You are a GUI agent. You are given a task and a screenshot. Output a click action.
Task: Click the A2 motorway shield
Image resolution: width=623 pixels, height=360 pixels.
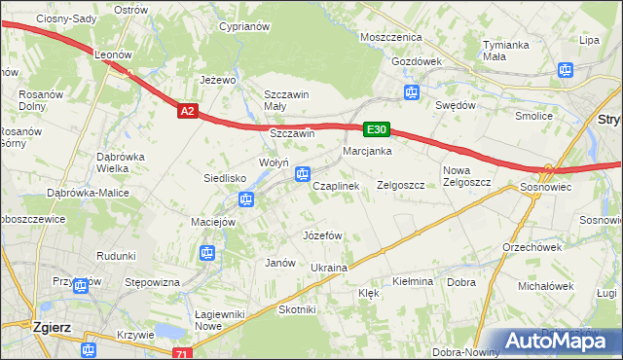[189, 112]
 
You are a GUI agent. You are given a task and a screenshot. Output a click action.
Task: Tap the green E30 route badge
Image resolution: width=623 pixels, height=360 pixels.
[378, 128]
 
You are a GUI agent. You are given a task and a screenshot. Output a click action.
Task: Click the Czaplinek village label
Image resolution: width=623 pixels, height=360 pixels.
[336, 185]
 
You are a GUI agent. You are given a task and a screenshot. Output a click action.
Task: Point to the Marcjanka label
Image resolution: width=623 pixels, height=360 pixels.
[367, 151]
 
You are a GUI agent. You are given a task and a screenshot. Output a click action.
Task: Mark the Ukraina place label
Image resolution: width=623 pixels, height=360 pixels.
[329, 267]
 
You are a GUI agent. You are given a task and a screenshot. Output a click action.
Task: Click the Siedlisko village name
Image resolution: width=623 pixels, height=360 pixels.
[224, 178]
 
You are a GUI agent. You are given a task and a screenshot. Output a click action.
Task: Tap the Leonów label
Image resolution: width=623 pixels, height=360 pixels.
[112, 55]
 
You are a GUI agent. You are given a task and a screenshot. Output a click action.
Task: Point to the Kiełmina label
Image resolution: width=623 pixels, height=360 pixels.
[412, 281]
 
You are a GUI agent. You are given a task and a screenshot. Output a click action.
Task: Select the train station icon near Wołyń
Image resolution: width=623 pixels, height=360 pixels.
[303, 175]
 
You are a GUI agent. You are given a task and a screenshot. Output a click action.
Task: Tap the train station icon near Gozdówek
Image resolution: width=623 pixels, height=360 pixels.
[412, 93]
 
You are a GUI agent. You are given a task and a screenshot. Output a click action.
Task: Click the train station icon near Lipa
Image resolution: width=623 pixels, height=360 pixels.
[564, 69]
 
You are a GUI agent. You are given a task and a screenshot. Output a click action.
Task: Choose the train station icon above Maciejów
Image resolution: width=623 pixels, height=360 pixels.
[246, 200]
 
